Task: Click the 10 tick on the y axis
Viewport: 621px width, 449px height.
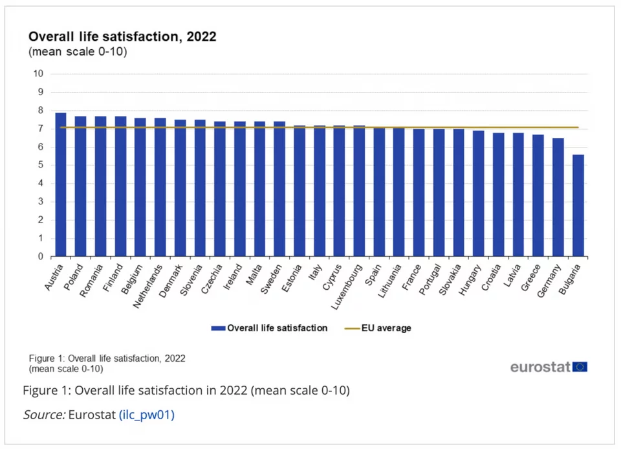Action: [38, 74]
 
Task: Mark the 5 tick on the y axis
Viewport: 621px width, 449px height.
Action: [40, 165]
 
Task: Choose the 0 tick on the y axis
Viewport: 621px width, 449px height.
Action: [40, 256]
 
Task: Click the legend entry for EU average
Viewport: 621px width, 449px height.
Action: [386, 328]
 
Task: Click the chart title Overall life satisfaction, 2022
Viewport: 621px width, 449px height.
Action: [122, 37]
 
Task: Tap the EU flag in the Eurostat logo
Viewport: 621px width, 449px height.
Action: [580, 367]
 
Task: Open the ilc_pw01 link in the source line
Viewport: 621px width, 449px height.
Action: [147, 415]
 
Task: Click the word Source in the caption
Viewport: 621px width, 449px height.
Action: [43, 415]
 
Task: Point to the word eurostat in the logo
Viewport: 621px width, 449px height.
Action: [540, 367]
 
